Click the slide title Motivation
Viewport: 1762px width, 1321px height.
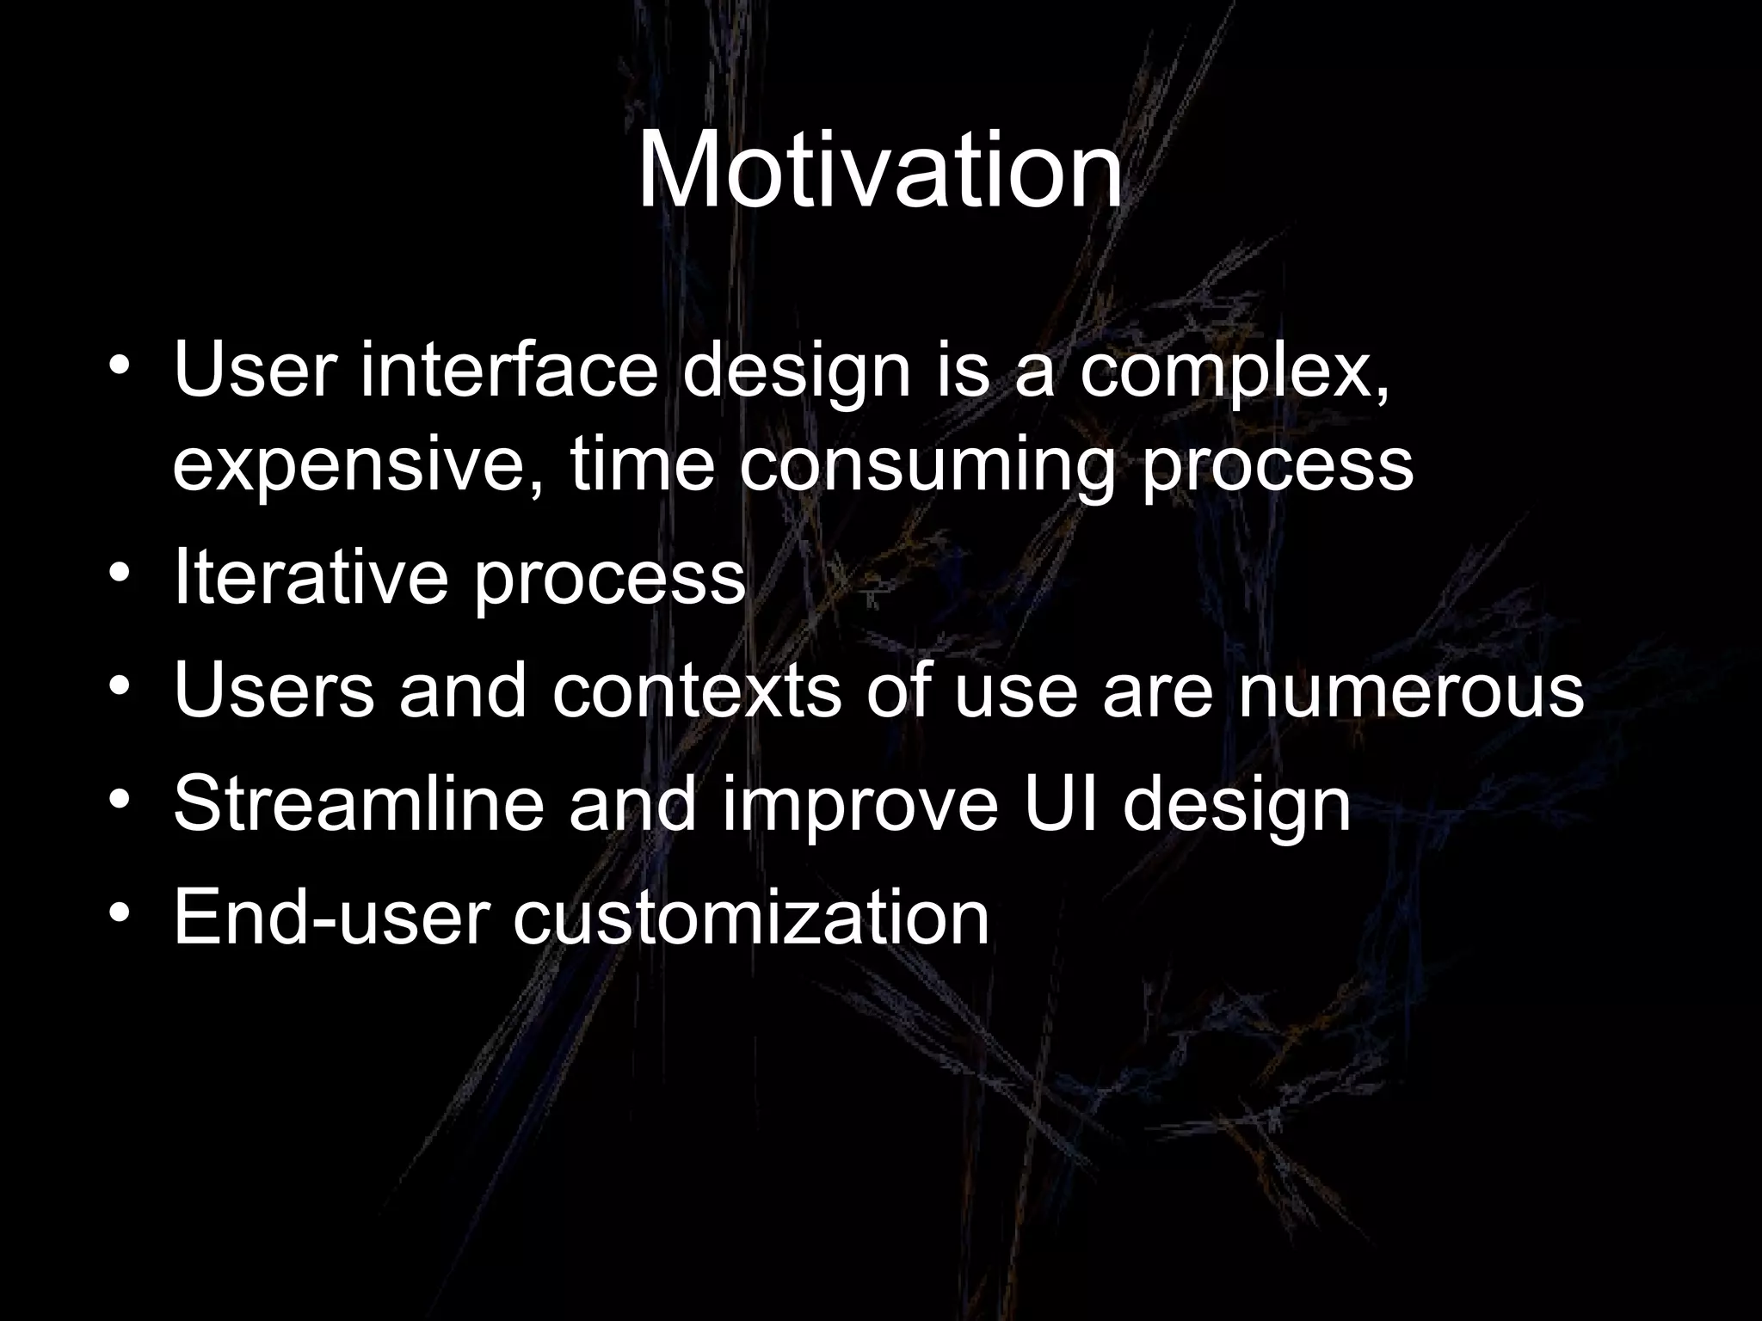click(879, 169)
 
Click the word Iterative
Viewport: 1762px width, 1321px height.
click(310, 577)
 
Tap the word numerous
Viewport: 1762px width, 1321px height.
click(1411, 691)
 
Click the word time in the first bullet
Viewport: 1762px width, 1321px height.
click(642, 465)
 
